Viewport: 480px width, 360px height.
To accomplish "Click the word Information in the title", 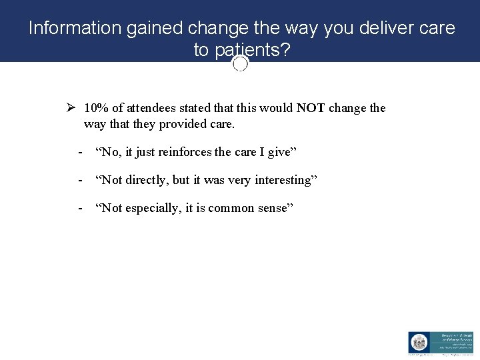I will click(x=73, y=28).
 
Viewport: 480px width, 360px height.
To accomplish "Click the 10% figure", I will click(x=97, y=108).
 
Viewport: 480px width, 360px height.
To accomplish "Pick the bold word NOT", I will click(x=311, y=108).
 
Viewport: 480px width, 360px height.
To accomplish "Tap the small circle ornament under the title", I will click(x=241, y=63).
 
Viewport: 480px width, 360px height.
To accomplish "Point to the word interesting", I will click(x=283, y=180).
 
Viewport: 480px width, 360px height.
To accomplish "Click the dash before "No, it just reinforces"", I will click(x=80, y=152).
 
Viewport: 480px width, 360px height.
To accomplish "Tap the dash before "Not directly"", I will click(x=80, y=180).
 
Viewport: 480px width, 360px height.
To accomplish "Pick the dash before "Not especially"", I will click(x=80, y=208).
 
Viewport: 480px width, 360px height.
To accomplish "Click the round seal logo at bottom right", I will click(x=419, y=343).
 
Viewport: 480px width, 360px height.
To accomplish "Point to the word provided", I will click(x=184, y=124).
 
